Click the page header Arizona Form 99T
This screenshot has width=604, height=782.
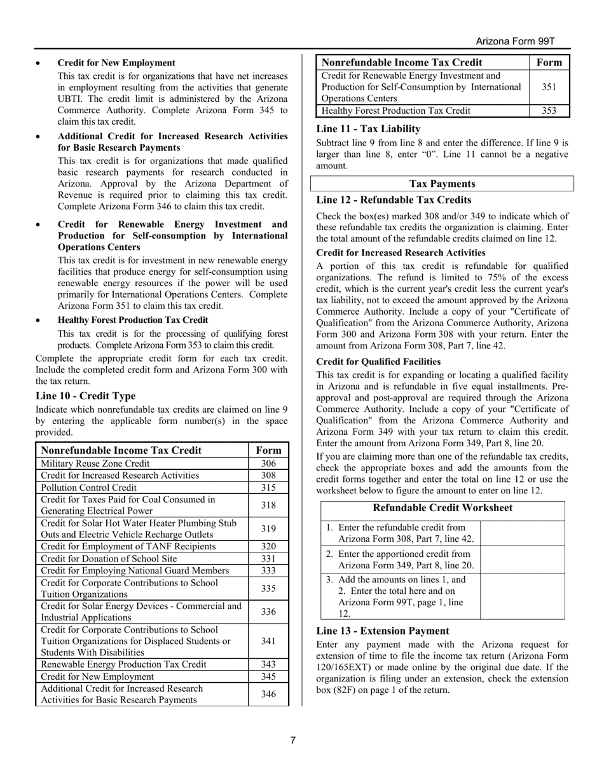click(516, 41)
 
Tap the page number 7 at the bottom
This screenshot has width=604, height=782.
click(293, 740)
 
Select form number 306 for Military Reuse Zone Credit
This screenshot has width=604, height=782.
click(268, 463)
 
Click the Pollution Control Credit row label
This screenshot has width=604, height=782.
click(89, 487)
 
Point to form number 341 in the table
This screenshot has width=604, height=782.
click(268, 641)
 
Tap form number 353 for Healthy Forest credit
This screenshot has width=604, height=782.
click(549, 111)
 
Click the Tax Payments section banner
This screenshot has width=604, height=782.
click(442, 184)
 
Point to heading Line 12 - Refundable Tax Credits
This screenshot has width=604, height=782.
click(394, 200)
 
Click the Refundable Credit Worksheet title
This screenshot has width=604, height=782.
click(442, 508)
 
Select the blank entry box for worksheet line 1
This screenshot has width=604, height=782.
click(522, 533)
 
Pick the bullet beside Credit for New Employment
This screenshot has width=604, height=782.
click(39, 64)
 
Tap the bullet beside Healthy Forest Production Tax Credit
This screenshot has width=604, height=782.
click(39, 320)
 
